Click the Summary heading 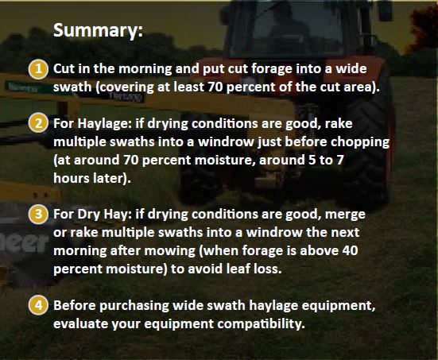coord(98,30)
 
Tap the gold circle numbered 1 coord(38,69)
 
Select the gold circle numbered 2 coord(38,122)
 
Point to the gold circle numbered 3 coord(38,214)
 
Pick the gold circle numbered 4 coord(38,305)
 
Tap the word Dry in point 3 coord(88,215)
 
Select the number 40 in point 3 coord(350,250)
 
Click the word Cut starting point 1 coord(64,69)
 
